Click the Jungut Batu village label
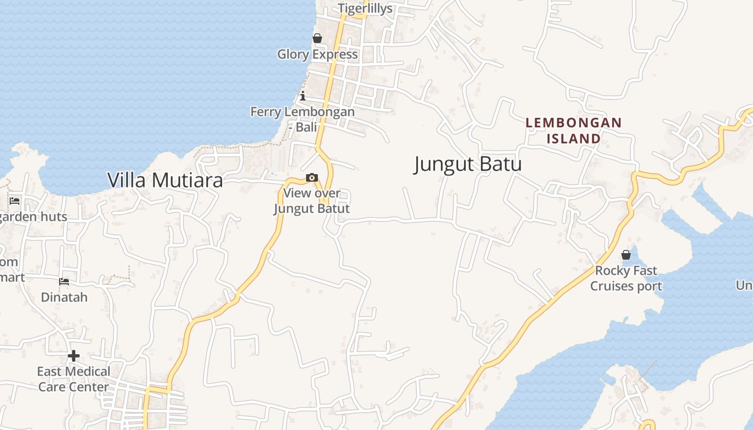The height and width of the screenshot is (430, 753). tap(467, 164)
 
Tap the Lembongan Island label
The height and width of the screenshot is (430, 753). tap(573, 131)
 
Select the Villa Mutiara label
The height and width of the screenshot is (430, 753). tap(165, 180)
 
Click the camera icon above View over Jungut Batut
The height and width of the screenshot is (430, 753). tap(311, 178)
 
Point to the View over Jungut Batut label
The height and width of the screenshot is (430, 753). tap(312, 200)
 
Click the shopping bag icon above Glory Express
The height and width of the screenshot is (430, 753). tap(317, 38)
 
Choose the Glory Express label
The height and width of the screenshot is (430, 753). tap(317, 54)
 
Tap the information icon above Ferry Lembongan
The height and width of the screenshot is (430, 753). tap(303, 96)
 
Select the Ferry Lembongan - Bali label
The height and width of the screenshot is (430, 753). tap(302, 119)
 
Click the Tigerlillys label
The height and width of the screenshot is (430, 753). tap(365, 8)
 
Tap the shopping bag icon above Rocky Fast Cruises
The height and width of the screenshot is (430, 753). tap(626, 255)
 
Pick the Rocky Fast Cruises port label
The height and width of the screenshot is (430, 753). tap(626, 278)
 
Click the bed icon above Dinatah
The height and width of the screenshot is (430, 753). tap(64, 282)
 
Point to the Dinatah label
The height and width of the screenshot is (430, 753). tap(64, 297)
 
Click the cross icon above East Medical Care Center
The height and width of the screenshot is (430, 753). tap(74, 356)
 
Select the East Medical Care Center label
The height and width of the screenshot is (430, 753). tap(73, 379)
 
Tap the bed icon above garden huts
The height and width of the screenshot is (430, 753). tap(15, 201)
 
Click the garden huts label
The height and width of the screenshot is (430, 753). tap(33, 217)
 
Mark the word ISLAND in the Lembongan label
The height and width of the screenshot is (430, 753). tap(573, 139)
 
